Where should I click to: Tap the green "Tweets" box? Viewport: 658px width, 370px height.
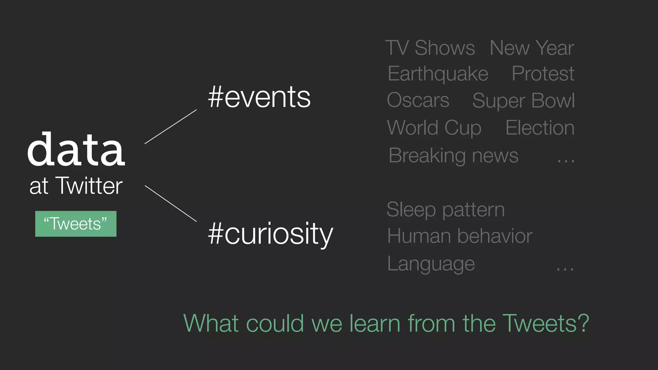[x=76, y=224]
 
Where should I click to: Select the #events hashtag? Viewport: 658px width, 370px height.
[x=259, y=97]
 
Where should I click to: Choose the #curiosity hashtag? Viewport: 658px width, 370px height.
[x=271, y=234]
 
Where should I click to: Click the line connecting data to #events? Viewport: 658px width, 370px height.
[x=171, y=127]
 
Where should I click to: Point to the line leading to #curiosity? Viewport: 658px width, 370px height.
[x=171, y=203]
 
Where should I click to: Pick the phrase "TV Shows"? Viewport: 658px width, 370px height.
[x=430, y=48]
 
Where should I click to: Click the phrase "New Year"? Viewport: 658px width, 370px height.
[x=532, y=48]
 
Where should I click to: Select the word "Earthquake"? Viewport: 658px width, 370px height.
[x=438, y=74]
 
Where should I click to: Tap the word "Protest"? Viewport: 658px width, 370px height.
[x=543, y=74]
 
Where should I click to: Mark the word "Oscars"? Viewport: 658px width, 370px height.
[x=418, y=100]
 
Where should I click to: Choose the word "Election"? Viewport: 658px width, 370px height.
[x=540, y=128]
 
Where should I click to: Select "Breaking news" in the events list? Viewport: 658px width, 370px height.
[x=453, y=156]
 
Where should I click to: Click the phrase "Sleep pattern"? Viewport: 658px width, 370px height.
[x=446, y=210]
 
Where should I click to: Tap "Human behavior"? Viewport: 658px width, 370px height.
[x=460, y=236]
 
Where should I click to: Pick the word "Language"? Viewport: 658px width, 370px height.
[x=431, y=264]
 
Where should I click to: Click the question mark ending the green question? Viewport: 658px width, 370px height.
[x=583, y=323]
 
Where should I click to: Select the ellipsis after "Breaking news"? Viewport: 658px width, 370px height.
[x=566, y=161]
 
